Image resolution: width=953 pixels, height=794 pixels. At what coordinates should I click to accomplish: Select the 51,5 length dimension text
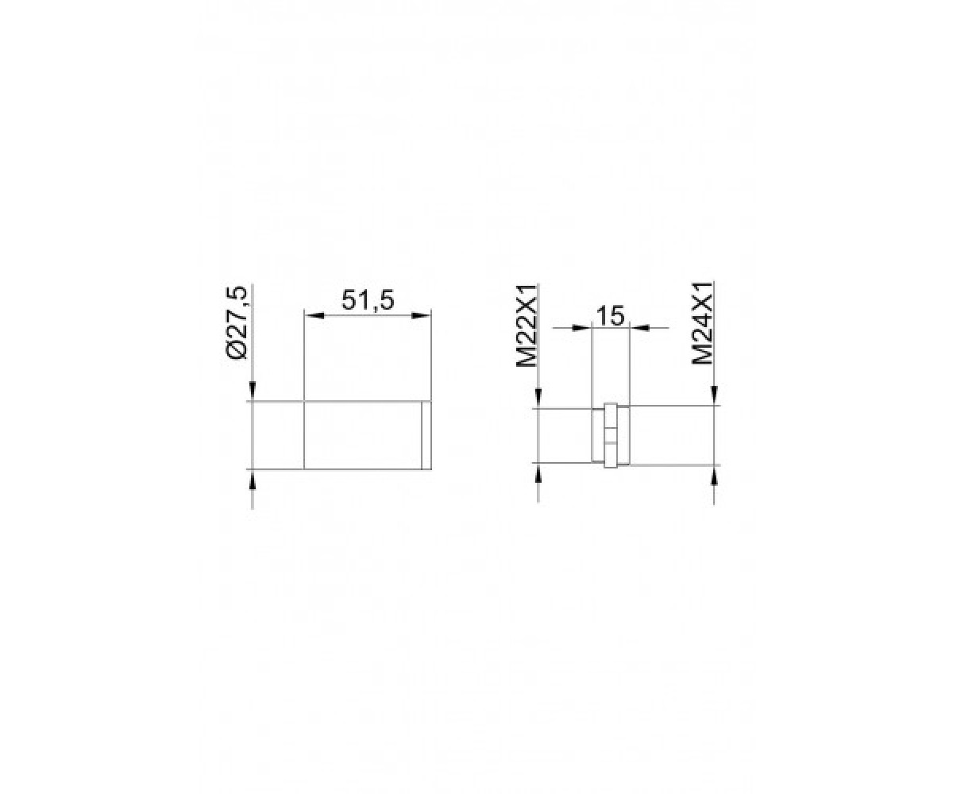[x=368, y=301]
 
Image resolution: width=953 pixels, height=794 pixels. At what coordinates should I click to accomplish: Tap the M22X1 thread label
[x=526, y=326]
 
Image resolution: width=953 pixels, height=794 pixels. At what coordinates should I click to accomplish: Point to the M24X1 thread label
[x=701, y=322]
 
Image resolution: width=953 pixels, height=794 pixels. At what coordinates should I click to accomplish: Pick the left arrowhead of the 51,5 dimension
[x=314, y=315]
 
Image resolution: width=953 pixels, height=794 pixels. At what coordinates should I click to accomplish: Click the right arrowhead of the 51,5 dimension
[x=421, y=315]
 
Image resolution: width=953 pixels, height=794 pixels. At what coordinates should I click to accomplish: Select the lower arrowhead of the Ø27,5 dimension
[x=253, y=479]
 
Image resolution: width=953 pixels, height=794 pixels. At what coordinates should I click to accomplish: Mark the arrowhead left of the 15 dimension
[x=581, y=328]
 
